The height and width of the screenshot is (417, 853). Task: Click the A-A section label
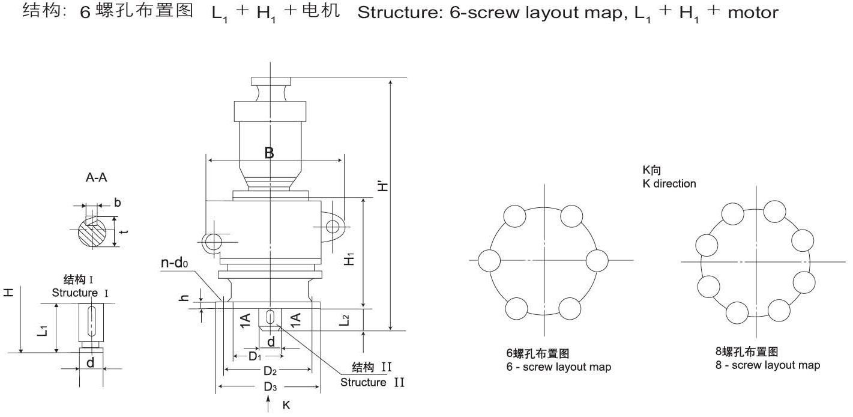97,178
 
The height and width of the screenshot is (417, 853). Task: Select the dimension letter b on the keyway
117,202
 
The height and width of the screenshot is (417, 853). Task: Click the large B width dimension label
270,153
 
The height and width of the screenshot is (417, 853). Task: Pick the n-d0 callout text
176,263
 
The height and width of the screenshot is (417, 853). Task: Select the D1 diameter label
255,356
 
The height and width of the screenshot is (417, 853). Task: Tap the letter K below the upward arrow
286,406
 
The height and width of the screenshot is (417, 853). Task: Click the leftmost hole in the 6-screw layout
489,260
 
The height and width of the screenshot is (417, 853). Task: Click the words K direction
669,183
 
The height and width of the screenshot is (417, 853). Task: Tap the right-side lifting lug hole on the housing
333,226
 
